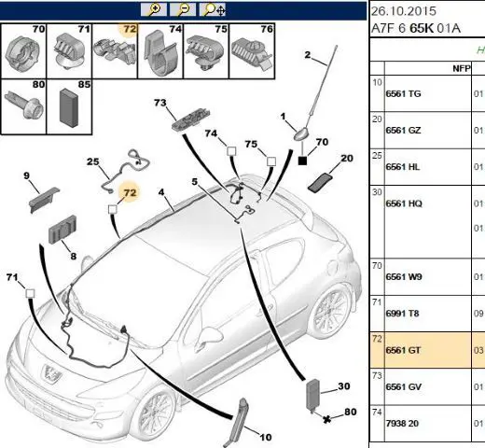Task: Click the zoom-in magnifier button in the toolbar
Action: (153, 9)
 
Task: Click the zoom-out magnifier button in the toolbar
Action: (183, 9)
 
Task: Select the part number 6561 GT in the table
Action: (403, 350)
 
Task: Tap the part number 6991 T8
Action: (402, 314)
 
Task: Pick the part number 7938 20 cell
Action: (402, 424)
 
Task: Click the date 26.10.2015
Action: (404, 11)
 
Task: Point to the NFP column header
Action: (462, 68)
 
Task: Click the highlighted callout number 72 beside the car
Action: (130, 193)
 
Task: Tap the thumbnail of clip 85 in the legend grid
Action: (69, 107)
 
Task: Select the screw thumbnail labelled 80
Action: (24, 105)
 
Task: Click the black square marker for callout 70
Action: (302, 161)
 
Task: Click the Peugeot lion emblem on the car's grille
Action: (50, 373)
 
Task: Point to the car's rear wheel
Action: (331, 311)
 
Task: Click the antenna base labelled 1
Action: (301, 134)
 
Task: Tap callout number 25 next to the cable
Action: (92, 161)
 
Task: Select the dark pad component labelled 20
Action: (320, 182)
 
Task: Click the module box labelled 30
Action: (312, 395)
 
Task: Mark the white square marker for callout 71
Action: (30, 293)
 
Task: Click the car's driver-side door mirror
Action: (212, 336)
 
